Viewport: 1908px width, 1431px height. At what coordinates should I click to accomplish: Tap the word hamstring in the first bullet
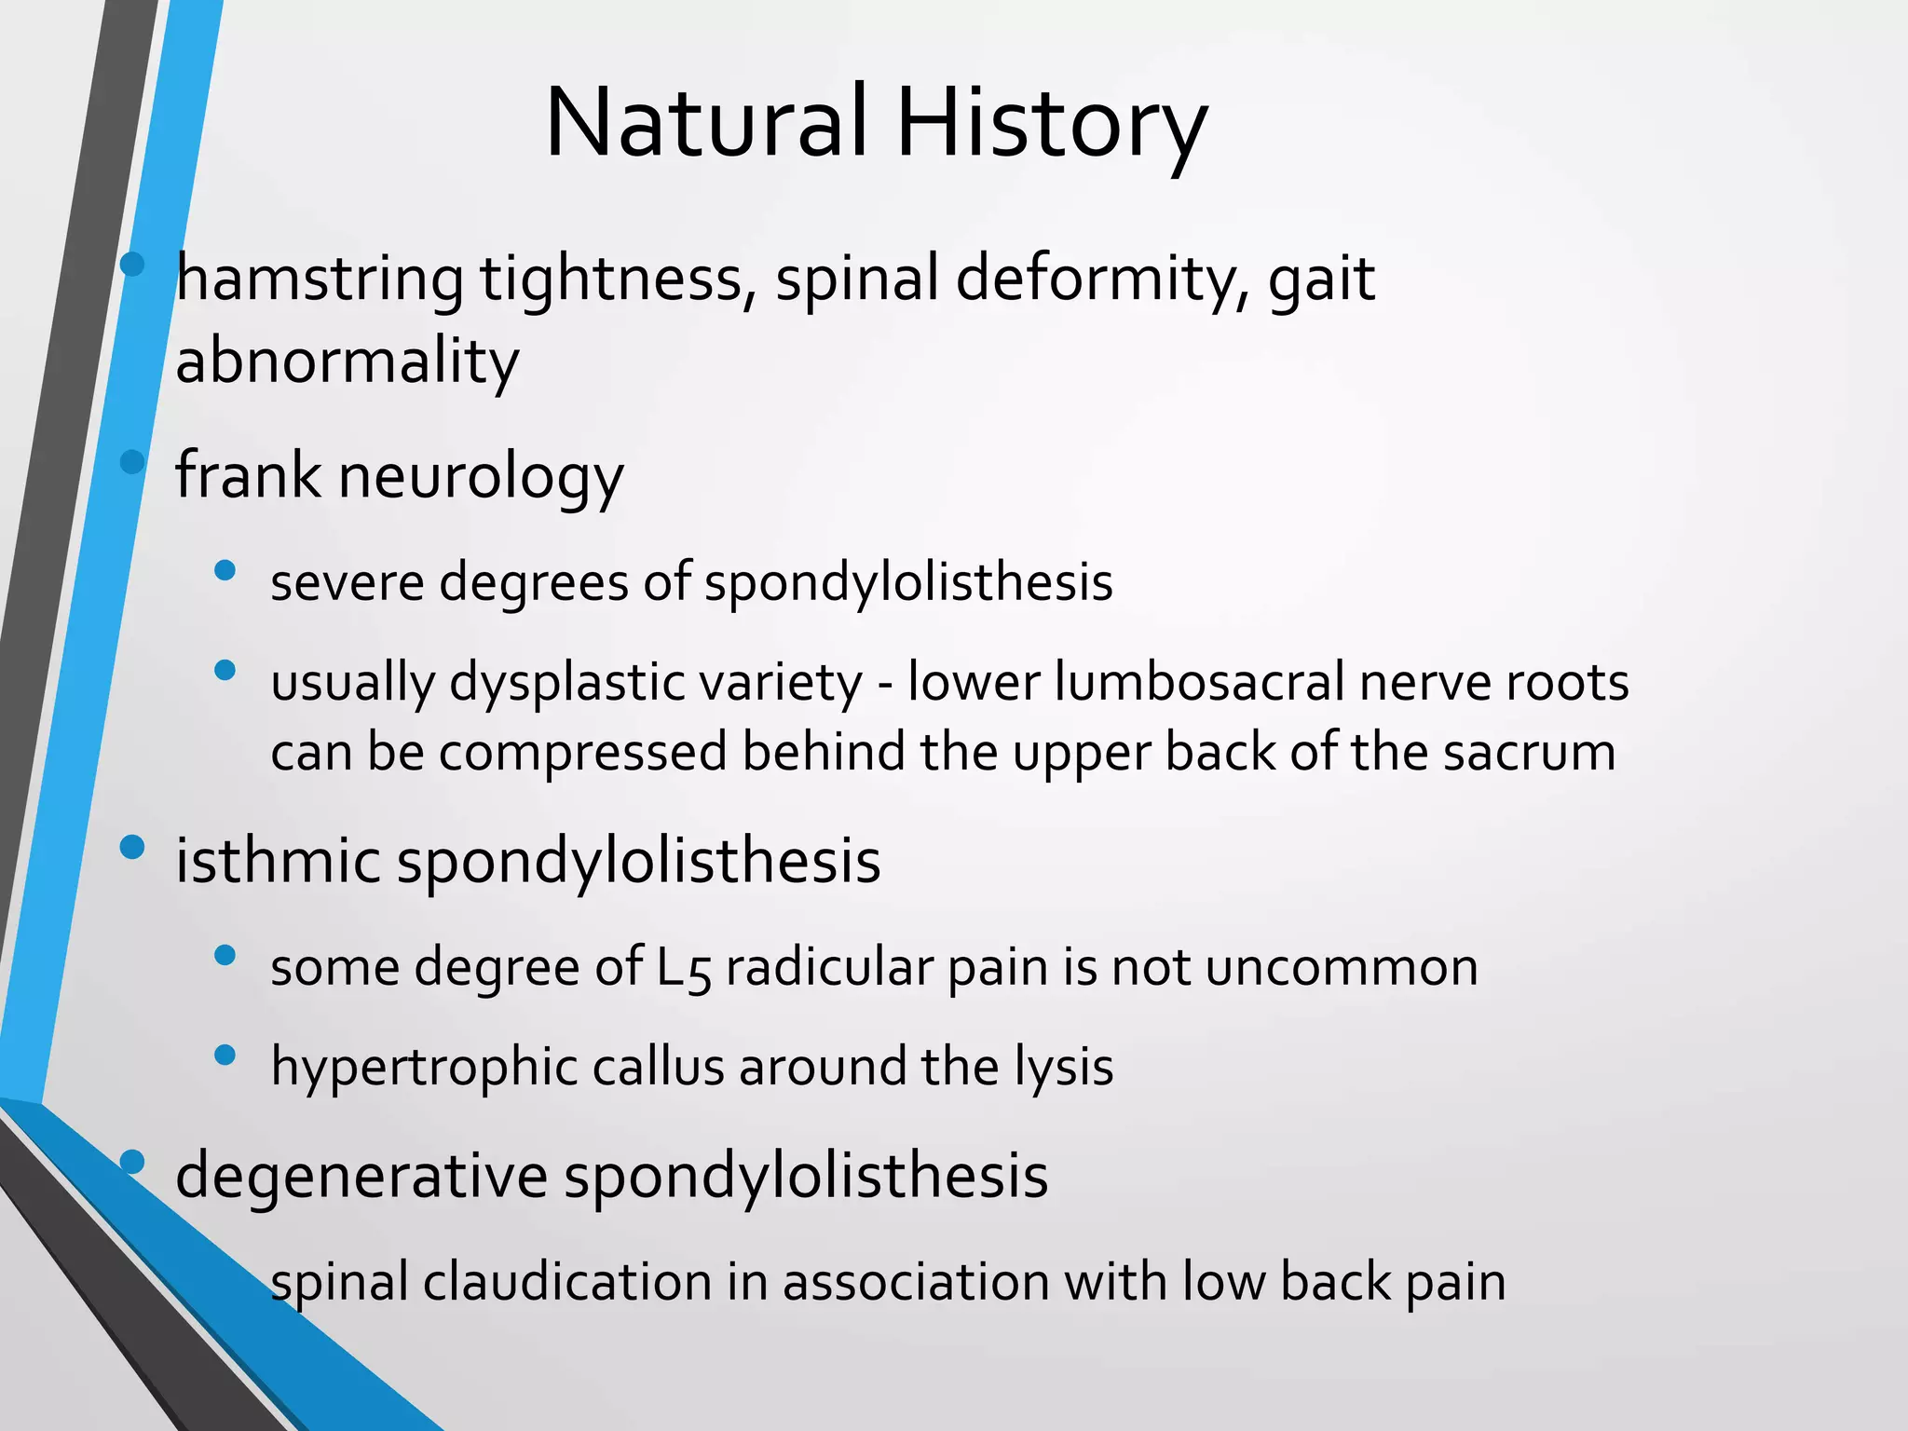(320, 279)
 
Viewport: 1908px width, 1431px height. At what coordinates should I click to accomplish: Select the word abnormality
(347, 361)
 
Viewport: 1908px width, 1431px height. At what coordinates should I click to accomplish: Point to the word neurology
(481, 477)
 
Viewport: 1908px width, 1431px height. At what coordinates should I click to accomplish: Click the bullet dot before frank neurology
(132, 462)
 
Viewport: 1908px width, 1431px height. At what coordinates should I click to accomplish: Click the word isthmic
(277, 860)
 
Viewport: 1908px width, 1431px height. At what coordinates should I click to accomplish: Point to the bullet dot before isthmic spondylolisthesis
(132, 847)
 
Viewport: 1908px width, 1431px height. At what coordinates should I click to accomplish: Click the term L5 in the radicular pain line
(684, 968)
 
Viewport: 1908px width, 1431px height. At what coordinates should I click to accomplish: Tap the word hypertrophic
(424, 1068)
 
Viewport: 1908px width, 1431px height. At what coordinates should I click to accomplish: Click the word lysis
(1063, 1068)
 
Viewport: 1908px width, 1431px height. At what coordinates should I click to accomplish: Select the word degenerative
(361, 1176)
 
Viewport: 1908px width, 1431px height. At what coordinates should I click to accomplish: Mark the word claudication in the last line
(567, 1282)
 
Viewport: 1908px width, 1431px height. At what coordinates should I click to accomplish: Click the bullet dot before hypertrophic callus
(225, 1055)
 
